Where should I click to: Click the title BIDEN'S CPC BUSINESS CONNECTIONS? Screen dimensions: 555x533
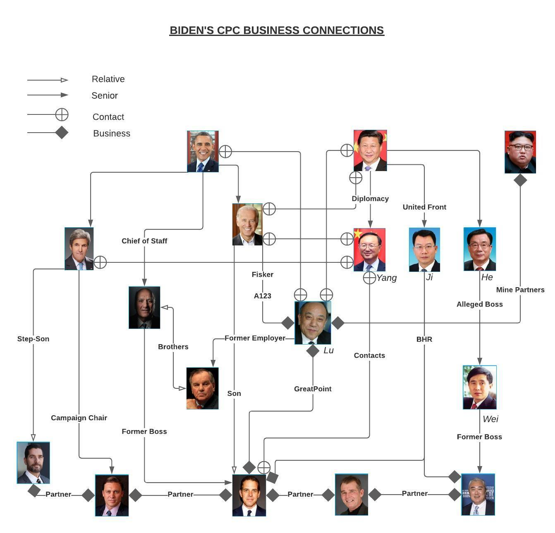click(277, 30)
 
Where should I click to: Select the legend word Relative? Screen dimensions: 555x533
click(108, 79)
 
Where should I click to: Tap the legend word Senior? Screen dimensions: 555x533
click(104, 95)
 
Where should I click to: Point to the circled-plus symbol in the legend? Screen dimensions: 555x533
click(62, 114)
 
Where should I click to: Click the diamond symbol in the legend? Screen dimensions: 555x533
click(62, 133)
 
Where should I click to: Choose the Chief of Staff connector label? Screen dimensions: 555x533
click(144, 241)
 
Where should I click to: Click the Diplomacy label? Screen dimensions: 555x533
click(370, 199)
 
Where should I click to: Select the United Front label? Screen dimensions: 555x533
click(424, 207)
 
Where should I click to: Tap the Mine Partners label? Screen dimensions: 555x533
click(520, 290)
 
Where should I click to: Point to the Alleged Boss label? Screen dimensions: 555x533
click(479, 304)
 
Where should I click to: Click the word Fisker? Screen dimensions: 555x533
click(262, 274)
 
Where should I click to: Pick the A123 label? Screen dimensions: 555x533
click(262, 296)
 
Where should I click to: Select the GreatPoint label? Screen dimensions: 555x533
click(313, 389)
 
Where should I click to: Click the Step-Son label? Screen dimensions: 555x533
click(33, 339)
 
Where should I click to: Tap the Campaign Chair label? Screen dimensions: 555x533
click(79, 418)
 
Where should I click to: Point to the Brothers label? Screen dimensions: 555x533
click(173, 347)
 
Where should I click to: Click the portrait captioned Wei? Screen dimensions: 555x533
click(479, 387)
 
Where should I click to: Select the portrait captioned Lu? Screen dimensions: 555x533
click(313, 323)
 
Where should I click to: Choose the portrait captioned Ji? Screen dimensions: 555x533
click(424, 250)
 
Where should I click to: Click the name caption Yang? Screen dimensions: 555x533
click(386, 278)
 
